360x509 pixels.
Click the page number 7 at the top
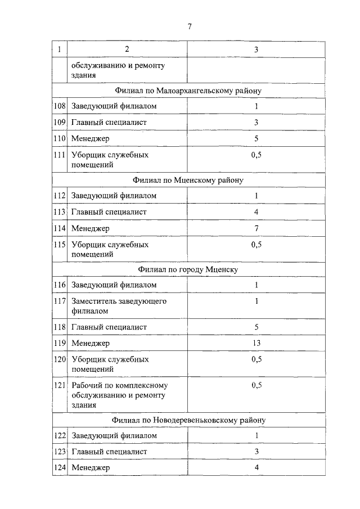190,26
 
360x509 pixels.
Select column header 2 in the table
127,49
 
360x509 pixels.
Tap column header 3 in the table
256,49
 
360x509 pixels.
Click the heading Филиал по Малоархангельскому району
188,90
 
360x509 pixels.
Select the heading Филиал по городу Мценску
188,269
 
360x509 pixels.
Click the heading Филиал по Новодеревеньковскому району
188,420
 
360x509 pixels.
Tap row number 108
60,106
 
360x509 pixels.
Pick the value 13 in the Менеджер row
256,343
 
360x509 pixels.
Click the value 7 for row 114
256,228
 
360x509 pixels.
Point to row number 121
60,385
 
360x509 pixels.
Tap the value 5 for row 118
256,327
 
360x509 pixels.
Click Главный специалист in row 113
109,212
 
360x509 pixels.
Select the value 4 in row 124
256,467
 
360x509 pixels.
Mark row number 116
60,285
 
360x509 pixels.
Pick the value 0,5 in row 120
256,359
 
